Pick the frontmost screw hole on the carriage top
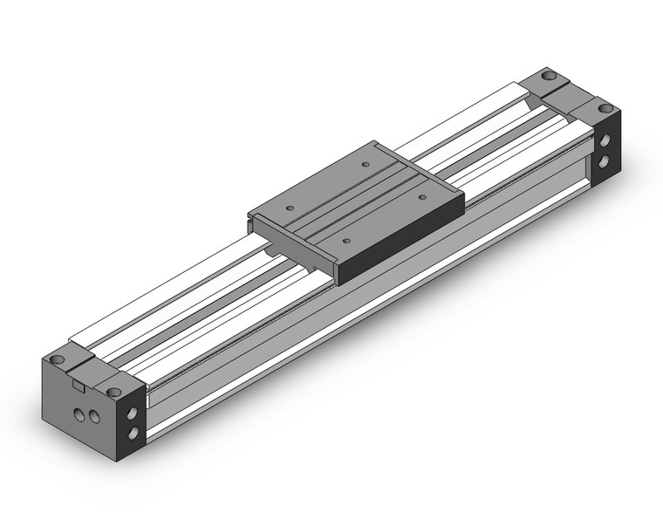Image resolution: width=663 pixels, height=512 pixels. coord(347,238)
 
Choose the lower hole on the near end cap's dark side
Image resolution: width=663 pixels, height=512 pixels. coord(133,433)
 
